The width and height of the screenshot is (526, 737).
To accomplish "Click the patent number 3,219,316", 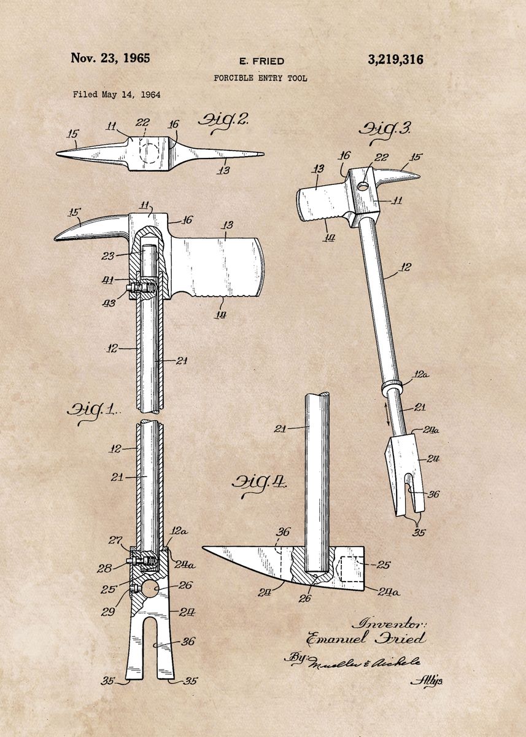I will tap(395, 60).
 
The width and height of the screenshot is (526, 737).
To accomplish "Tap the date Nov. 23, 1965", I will tap(110, 59).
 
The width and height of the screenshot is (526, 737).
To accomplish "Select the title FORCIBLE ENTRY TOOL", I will tap(260, 79).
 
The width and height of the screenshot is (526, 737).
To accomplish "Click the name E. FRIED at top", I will tap(261, 61).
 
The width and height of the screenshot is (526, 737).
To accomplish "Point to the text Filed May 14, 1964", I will tap(117, 95).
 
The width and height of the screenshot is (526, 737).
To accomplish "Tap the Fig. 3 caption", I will tap(384, 130).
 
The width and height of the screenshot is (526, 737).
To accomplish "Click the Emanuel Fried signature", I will tap(366, 639).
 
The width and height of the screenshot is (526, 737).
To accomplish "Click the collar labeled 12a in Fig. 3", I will tap(392, 386).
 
